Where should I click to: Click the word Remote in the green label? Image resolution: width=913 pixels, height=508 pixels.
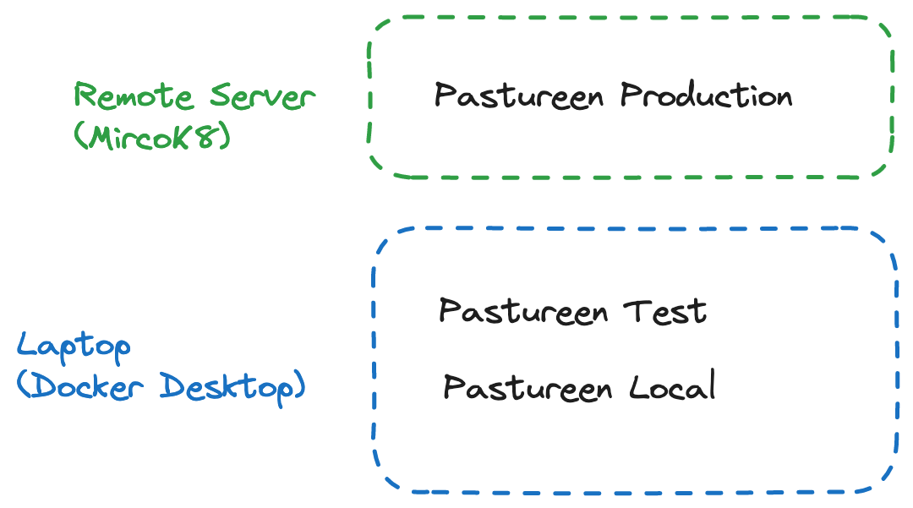pos(136,96)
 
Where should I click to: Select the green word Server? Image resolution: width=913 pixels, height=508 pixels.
pos(262,96)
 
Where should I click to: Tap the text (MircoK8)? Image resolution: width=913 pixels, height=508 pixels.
pos(152,135)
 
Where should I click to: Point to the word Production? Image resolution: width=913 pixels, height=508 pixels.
pos(707,96)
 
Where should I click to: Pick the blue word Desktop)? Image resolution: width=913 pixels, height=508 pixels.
pos(233,386)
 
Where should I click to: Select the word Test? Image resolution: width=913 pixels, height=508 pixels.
pos(665,311)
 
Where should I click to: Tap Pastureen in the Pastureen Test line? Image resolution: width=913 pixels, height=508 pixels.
pos(523,311)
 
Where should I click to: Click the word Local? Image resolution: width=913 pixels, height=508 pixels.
pos(673,387)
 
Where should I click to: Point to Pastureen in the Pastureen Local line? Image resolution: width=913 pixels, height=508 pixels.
pos(528,388)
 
